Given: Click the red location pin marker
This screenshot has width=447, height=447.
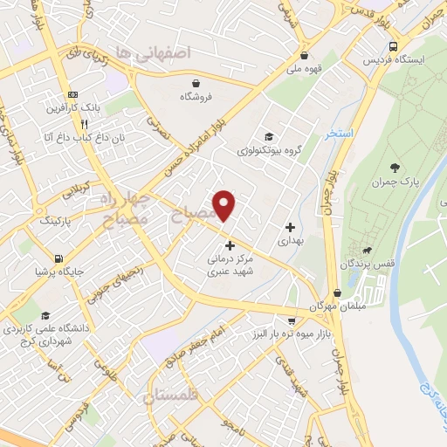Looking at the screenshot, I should coord(225,205).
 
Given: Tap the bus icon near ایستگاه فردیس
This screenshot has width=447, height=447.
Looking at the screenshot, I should coord(395,46).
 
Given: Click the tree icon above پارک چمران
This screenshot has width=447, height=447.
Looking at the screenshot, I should coord(395,167).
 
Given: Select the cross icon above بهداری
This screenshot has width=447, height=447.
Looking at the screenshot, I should coord(291,227).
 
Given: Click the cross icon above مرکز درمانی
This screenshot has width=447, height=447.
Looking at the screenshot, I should coord(230,245).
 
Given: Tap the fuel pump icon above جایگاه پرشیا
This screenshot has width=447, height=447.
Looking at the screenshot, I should coord(58,258).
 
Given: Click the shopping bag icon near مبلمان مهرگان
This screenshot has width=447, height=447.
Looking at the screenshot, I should coord(338,293).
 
